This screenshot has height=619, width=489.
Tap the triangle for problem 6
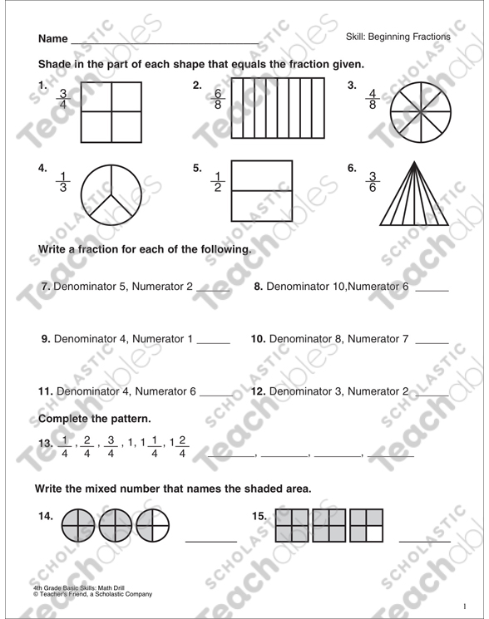pyautogui.click(x=415, y=194)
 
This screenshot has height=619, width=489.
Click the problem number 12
pyautogui.click(x=258, y=391)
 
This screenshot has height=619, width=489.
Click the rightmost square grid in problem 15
pyautogui.click(x=367, y=525)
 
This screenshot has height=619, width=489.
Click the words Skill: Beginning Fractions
pyautogui.click(x=398, y=37)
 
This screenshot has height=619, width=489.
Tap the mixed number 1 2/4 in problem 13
pyautogui.click(x=177, y=446)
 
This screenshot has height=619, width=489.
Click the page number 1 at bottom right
pyautogui.click(x=466, y=604)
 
